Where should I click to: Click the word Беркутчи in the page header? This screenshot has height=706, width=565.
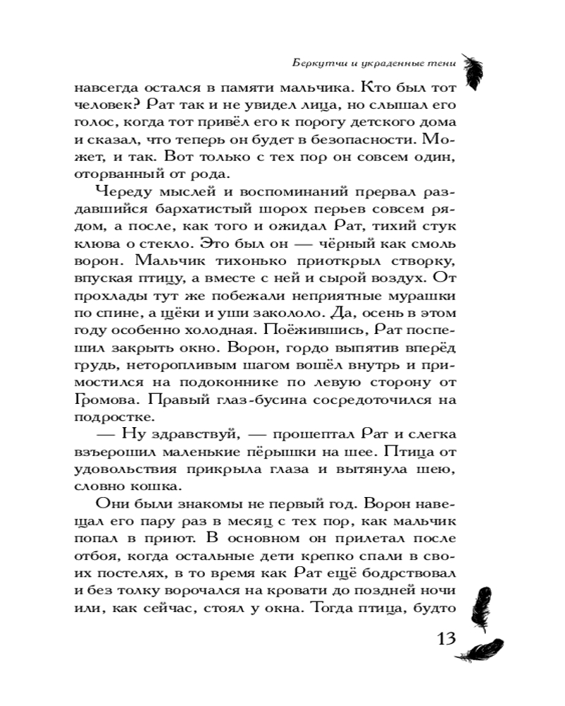pos(317,61)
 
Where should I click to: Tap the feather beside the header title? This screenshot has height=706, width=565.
pos(471,64)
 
